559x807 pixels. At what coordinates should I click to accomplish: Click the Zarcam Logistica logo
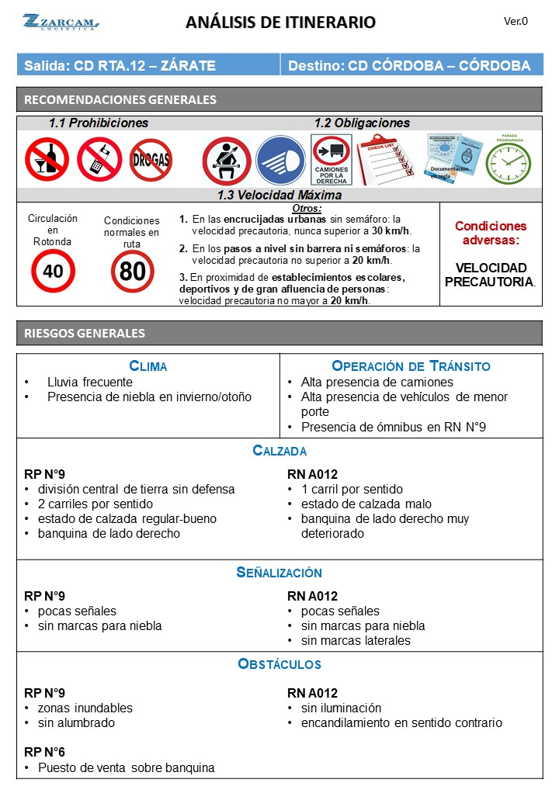coord(61,22)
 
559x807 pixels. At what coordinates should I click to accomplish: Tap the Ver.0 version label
coord(516,22)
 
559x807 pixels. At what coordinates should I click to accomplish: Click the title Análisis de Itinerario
coord(280,23)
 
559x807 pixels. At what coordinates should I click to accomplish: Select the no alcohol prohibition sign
coord(47,159)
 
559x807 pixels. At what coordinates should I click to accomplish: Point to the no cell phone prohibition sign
coord(99,159)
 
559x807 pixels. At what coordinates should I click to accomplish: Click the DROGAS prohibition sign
coord(151,160)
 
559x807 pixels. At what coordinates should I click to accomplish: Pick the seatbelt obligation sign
coord(227,161)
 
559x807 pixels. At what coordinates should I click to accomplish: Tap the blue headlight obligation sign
coord(280,161)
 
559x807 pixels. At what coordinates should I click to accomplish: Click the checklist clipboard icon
coord(385,159)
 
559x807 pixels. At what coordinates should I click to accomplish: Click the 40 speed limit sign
coord(53,271)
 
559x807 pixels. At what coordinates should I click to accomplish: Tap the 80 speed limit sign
coord(132,271)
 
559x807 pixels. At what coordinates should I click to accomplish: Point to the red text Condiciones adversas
coord(490,233)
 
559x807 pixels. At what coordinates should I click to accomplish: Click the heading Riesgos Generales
coord(85,333)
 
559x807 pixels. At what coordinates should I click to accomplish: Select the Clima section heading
coord(148,366)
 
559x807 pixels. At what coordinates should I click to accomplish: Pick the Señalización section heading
coord(279,573)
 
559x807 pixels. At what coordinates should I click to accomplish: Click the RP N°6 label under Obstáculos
coord(45,753)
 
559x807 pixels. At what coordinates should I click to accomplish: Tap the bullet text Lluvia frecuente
coord(90,382)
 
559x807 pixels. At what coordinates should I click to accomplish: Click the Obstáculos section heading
coord(279,664)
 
